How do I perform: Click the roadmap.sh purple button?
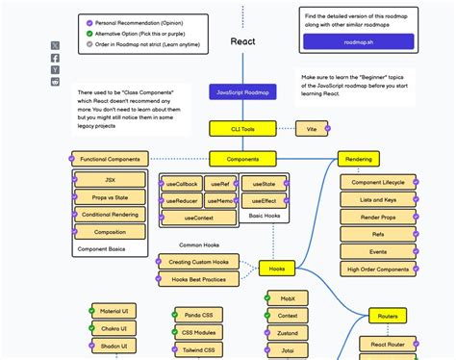(358, 41)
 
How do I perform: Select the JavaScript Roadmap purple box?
(242, 92)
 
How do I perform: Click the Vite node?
(312, 127)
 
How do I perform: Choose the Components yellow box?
(242, 159)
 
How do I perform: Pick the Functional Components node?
(110, 159)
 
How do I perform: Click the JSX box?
(110, 180)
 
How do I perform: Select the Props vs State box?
(110, 197)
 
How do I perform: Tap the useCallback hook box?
(181, 184)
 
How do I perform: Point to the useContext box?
(198, 219)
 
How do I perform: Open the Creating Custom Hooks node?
(199, 262)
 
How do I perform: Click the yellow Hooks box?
(277, 269)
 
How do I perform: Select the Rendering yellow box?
(358, 159)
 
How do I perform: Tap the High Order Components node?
(378, 269)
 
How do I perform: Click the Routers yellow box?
(388, 315)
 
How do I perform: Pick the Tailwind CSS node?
(200, 349)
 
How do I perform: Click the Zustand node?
(288, 332)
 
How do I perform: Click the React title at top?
(242, 41)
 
